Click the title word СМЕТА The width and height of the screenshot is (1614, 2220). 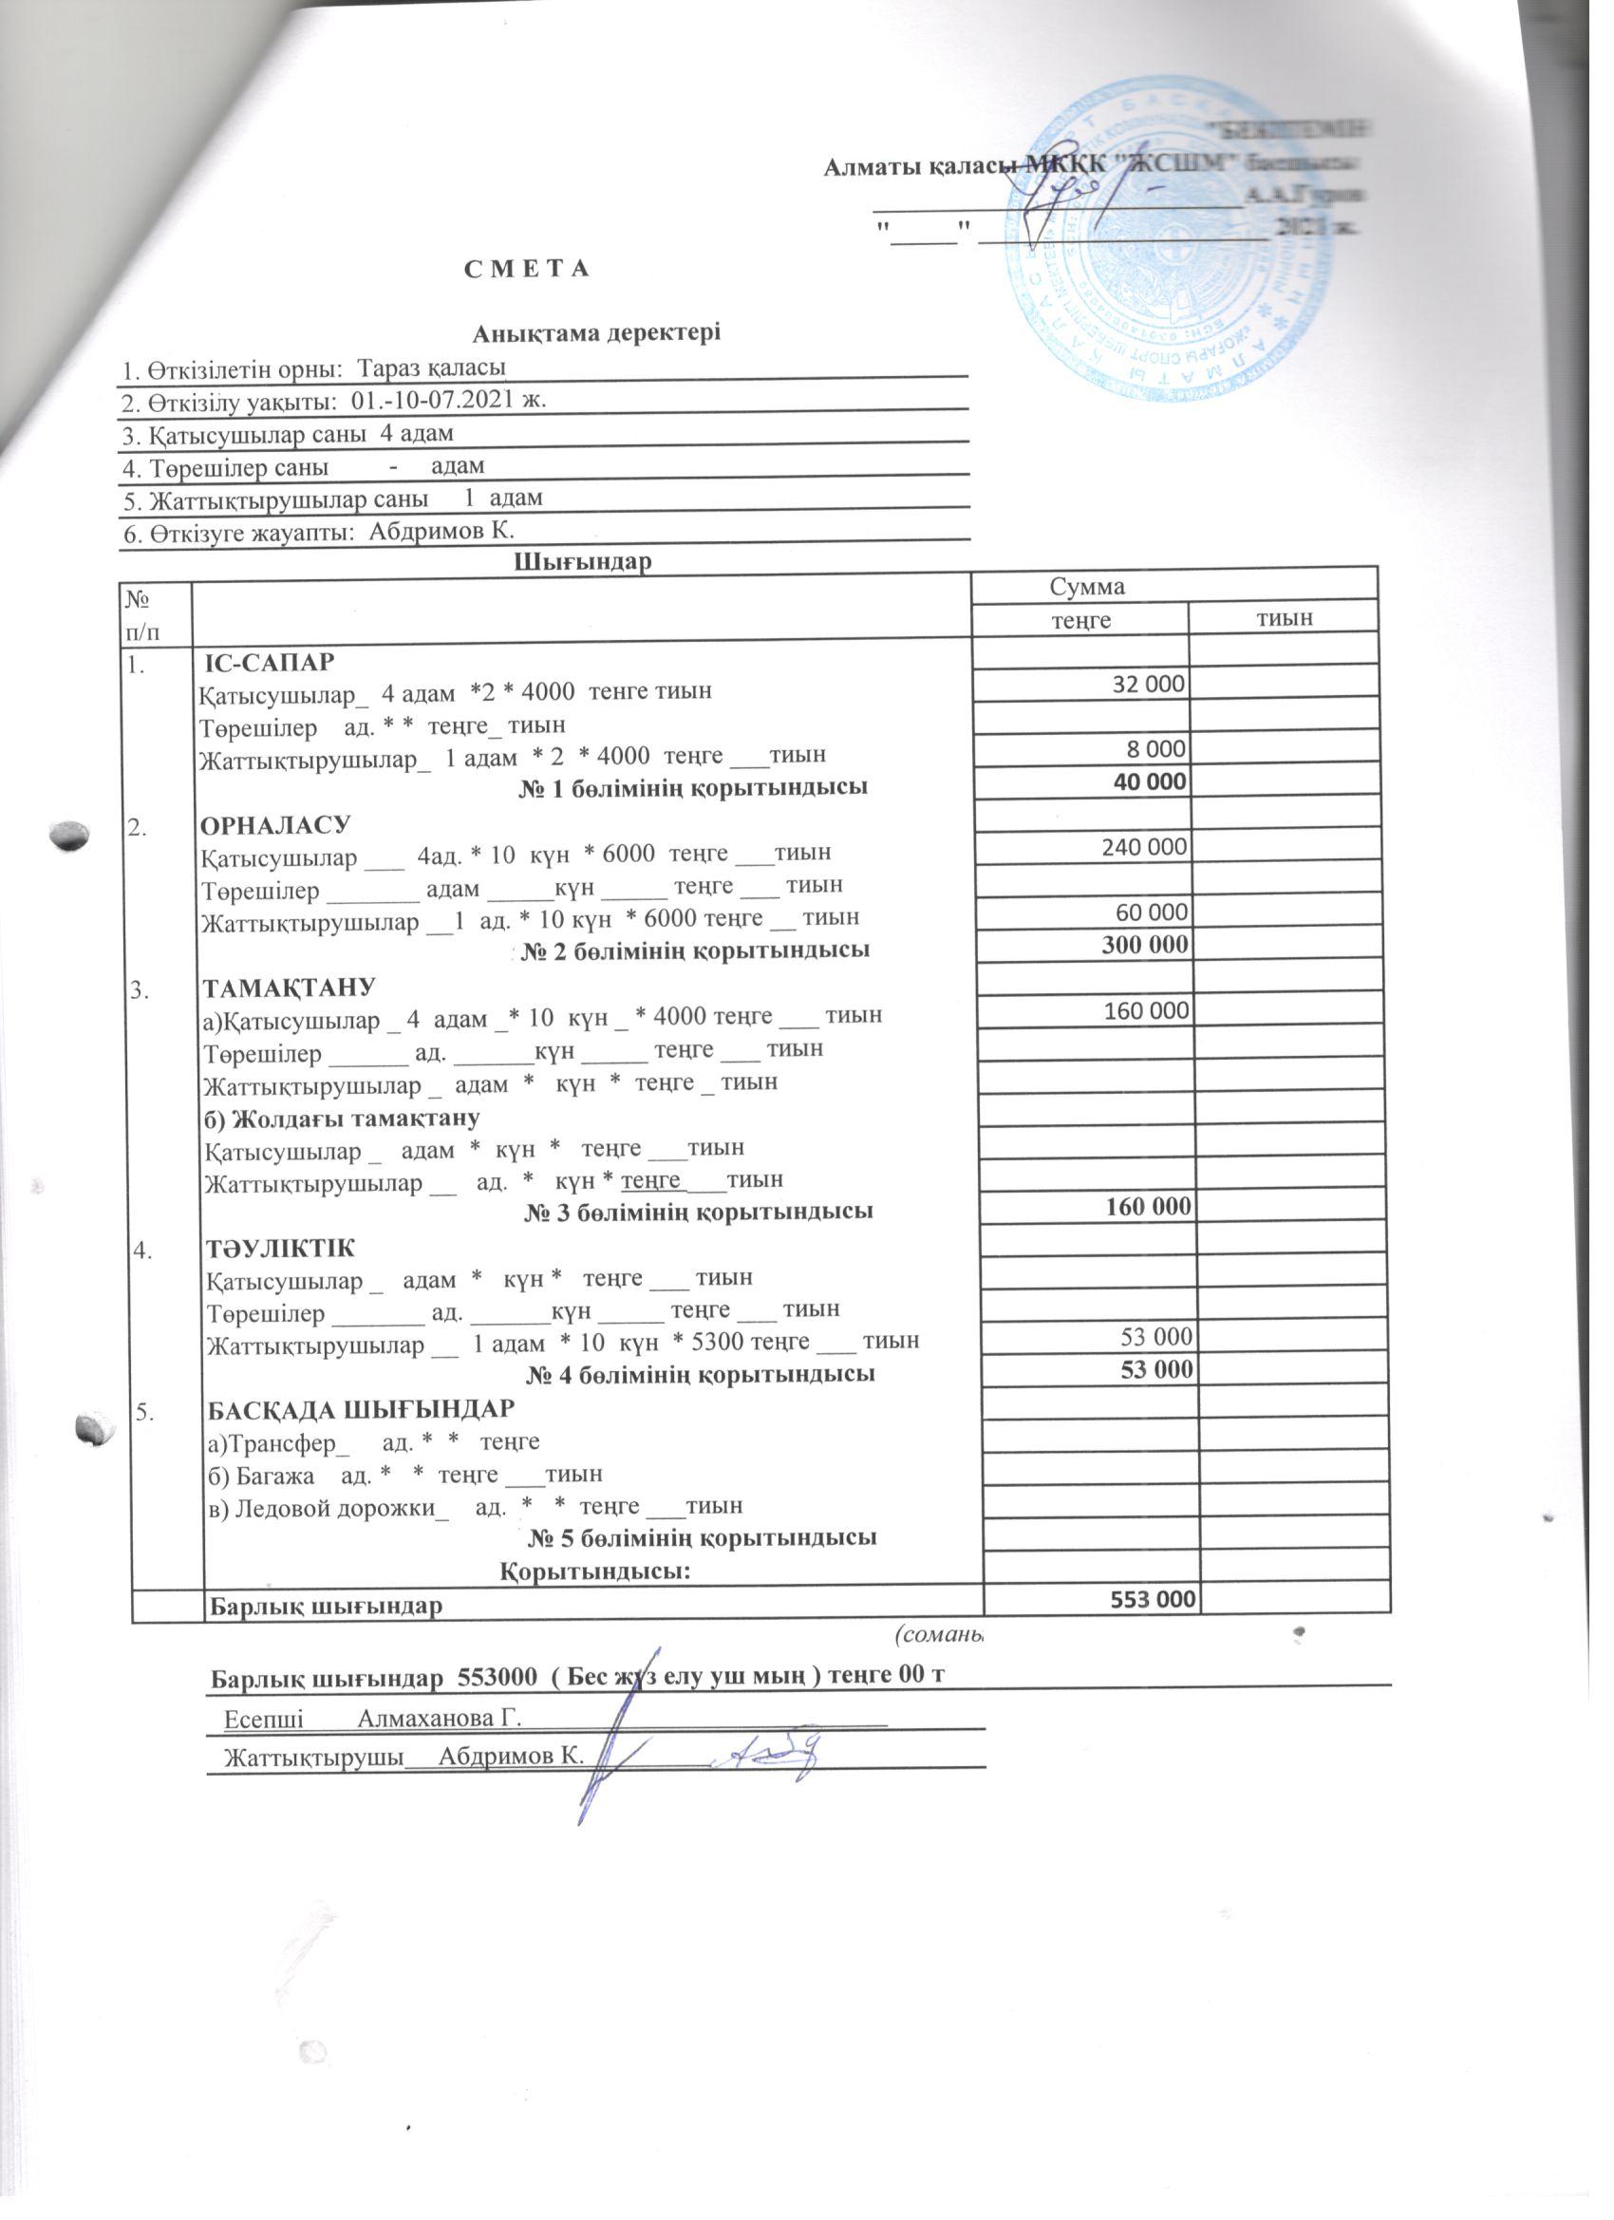(527, 269)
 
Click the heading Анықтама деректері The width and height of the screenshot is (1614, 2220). (596, 332)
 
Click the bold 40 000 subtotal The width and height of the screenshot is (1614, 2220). (1151, 781)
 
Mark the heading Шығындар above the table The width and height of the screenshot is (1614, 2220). (582, 562)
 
